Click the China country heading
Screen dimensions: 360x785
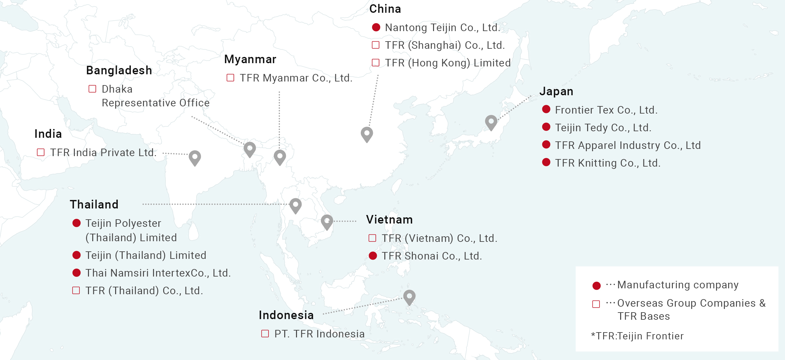click(x=385, y=9)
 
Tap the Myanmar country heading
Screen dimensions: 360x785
click(x=250, y=59)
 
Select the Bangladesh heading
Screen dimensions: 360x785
click(x=119, y=70)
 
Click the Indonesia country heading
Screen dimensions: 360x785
click(x=286, y=315)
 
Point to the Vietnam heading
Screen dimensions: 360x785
click(x=389, y=220)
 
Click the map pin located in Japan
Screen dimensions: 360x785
click(x=491, y=122)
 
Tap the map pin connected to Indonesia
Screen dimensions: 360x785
click(x=409, y=297)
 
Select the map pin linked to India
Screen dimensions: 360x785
click(x=195, y=157)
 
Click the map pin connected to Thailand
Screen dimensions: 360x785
click(x=295, y=205)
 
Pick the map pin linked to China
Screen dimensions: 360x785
click(x=367, y=134)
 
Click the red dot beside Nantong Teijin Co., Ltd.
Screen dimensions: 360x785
click(x=376, y=27)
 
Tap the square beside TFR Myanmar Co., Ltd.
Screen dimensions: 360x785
click(x=231, y=78)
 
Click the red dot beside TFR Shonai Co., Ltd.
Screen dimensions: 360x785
click(x=373, y=256)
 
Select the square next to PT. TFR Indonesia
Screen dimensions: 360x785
click(x=265, y=334)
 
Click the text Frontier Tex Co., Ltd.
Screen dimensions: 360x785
click(x=606, y=110)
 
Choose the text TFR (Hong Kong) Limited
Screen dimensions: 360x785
click(x=448, y=63)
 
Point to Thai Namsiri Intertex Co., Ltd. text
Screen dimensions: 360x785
click(x=158, y=273)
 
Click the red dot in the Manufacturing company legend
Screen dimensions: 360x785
click(x=597, y=286)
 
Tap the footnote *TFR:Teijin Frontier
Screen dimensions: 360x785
click(x=637, y=336)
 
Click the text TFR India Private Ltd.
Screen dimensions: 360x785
click(x=103, y=153)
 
